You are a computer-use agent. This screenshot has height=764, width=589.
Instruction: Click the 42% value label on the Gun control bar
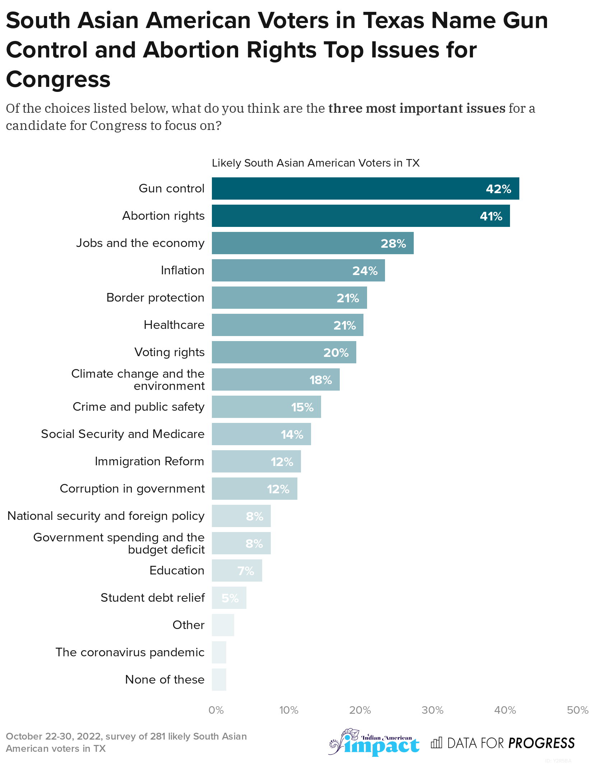pos(498,189)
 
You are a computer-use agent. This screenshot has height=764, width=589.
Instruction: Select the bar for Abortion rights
pos(361,216)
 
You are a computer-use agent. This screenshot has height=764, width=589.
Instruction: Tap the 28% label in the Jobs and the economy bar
pos(393,243)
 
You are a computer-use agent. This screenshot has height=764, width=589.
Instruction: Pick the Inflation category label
pos(182,270)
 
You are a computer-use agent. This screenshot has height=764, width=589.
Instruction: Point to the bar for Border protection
pos(289,298)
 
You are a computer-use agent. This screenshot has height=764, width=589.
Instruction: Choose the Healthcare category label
pos(174,325)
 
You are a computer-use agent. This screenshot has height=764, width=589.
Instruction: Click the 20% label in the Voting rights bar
pos(336,353)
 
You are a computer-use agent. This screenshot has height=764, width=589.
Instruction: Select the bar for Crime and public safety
pos(266,407)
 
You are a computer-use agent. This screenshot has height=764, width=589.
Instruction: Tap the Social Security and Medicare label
pos(122,434)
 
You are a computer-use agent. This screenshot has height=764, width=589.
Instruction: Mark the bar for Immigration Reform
pos(256,461)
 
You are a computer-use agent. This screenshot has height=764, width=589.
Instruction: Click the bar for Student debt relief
pos(229,598)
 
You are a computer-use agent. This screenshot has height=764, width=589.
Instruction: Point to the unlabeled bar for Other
pos(223,625)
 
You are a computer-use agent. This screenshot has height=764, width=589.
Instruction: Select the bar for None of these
pos(219,680)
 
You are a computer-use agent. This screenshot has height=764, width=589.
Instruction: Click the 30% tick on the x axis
pos(432,710)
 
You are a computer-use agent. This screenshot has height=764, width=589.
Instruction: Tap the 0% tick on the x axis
pos(216,710)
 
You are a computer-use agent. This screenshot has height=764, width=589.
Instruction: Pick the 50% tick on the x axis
pos(577,710)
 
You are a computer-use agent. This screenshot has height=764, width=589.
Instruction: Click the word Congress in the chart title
pos(58,79)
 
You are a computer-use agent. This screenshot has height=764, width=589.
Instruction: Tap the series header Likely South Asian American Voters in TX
pos(315,163)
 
